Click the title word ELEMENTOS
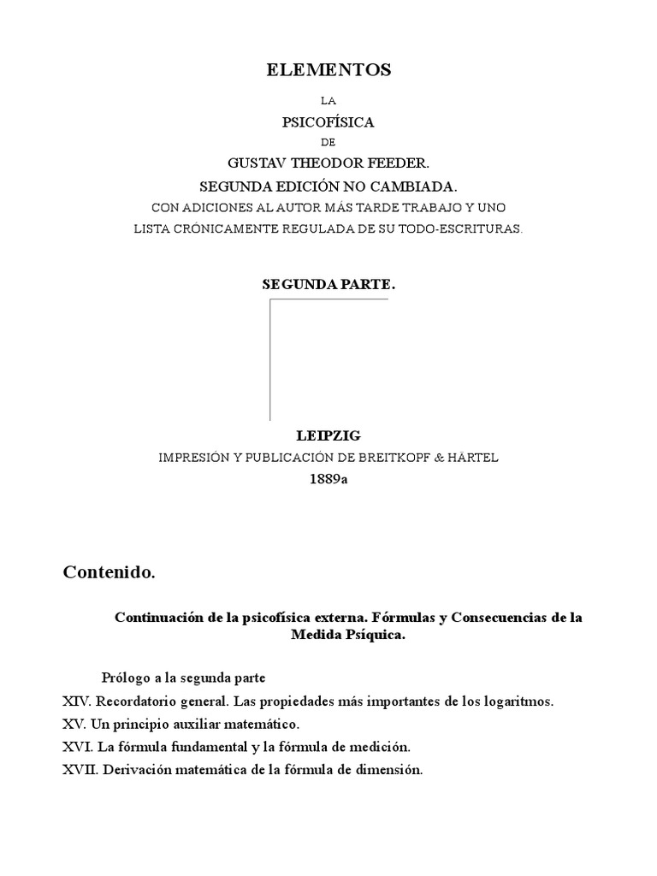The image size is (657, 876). coord(328,71)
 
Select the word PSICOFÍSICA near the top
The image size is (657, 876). coord(328,122)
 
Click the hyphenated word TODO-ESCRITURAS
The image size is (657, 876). coord(469,228)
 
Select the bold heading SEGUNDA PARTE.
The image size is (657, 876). coord(328,284)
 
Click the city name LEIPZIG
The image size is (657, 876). coord(328,436)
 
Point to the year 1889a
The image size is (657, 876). coord(328,479)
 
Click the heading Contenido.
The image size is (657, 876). coord(109,572)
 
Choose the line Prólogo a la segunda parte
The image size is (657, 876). coord(184,678)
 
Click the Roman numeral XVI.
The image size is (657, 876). coord(76,746)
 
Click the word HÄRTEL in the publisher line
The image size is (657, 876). coord(471,458)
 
